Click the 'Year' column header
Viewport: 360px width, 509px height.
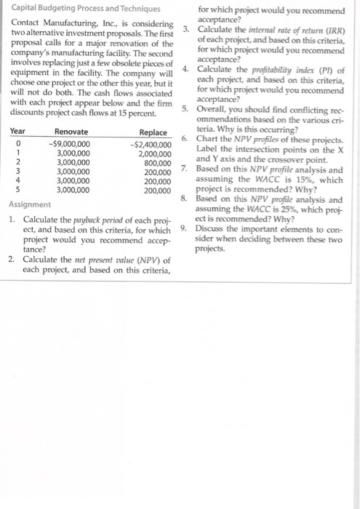pos(19,132)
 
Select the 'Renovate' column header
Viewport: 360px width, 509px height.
pos(71,132)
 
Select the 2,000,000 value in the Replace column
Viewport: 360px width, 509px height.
pos(155,153)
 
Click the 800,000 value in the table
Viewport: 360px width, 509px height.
pos(159,163)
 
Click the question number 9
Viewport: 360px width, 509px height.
pos(185,227)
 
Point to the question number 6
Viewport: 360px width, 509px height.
pos(185,138)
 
